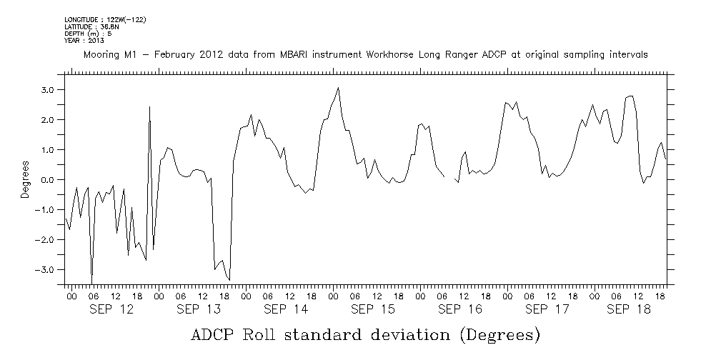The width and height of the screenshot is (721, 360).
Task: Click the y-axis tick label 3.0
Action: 47,90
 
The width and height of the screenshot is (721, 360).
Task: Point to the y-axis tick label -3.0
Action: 45,270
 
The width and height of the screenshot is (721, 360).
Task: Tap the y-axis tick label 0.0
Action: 47,180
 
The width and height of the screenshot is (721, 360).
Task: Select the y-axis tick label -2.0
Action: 45,240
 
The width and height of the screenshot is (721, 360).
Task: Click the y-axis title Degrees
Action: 25,179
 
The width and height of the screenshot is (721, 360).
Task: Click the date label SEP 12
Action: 111,309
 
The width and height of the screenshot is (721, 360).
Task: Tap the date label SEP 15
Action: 372,309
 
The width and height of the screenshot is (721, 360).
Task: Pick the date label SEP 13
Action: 198,309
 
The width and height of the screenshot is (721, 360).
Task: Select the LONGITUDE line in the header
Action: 105,19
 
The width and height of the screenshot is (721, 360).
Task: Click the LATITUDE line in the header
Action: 91,26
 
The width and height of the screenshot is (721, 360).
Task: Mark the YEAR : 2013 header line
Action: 84,41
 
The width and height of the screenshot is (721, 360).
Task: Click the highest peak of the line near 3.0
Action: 338,88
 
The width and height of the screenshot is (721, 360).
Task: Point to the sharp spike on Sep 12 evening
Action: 149,106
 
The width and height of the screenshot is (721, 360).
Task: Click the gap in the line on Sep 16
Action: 450,177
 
